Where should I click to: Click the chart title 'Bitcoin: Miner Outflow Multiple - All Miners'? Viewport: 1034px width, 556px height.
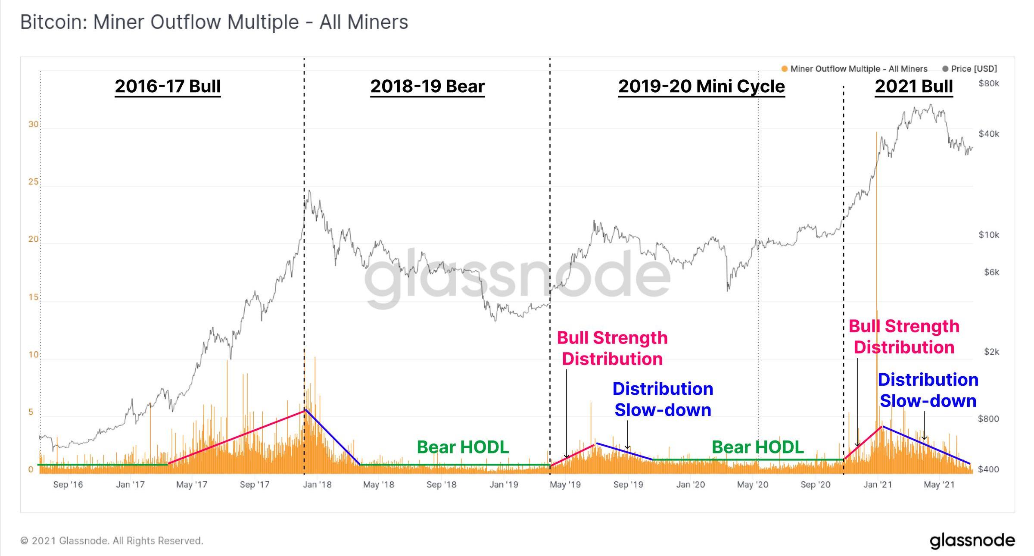[x=214, y=22]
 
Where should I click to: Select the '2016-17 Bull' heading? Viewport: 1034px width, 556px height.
[x=168, y=86]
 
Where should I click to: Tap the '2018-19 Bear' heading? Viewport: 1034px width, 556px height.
[x=427, y=86]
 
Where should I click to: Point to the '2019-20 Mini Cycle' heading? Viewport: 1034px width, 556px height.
[x=701, y=86]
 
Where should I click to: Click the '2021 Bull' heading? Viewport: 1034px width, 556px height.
[x=913, y=86]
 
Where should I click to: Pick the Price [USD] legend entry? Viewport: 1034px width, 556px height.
[x=970, y=69]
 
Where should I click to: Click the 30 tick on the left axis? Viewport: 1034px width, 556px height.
[x=33, y=125]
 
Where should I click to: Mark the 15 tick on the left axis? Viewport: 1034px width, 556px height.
[x=33, y=297]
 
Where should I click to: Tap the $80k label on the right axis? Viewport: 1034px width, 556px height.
[x=988, y=84]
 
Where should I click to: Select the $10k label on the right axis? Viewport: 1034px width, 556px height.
[x=988, y=235]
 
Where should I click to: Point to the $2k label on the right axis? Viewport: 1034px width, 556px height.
[x=991, y=352]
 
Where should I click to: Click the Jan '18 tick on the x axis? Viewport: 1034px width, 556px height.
[x=317, y=484]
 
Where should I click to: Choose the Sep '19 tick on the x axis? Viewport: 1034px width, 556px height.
[x=628, y=484]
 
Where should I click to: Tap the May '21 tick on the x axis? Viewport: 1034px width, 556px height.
[x=939, y=484]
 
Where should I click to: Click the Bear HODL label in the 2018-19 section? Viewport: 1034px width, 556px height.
[x=463, y=447]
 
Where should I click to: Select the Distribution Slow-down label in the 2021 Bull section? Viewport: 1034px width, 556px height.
[x=928, y=390]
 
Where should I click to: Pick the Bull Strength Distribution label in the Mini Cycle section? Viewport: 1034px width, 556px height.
[x=612, y=348]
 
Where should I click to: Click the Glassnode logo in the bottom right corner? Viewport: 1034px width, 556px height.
[x=972, y=541]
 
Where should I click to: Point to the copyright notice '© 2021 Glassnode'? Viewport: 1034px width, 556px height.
[x=112, y=541]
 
